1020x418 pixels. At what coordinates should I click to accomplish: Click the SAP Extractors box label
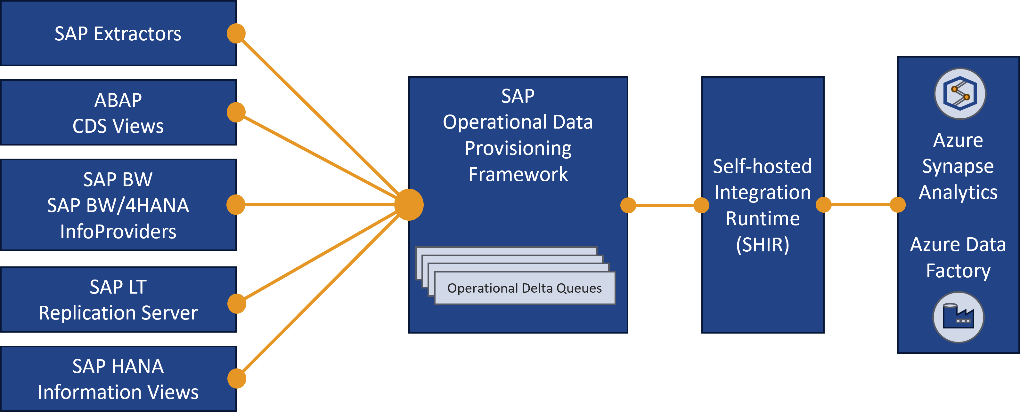[118, 34]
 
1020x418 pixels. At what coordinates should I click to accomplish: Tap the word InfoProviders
[118, 232]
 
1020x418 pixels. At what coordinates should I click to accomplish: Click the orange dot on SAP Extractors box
[236, 34]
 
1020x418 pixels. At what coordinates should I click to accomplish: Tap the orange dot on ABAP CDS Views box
[236, 112]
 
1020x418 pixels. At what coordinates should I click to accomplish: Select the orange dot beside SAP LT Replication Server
[237, 304]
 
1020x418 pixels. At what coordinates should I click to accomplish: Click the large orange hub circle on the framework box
[409, 205]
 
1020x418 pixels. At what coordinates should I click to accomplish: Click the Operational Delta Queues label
[524, 288]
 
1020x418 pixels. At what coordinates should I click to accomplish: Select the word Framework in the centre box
[518, 174]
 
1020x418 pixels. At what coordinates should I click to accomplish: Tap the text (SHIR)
[763, 245]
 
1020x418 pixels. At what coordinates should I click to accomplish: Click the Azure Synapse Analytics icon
[960, 94]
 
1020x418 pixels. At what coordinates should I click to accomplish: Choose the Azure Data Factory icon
[958, 317]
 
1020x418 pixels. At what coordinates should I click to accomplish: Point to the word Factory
[958, 271]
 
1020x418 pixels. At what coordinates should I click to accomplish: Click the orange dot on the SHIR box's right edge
[824, 205]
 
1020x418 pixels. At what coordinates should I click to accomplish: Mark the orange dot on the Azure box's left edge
[898, 205]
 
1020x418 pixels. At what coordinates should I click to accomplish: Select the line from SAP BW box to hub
[320, 205]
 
